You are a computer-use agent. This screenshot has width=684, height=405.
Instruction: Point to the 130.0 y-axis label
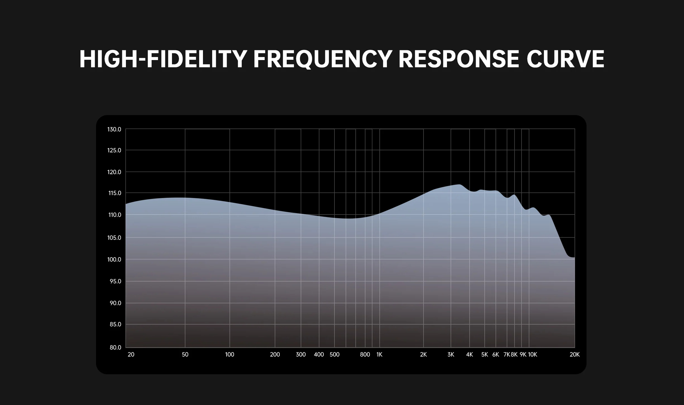(114, 129)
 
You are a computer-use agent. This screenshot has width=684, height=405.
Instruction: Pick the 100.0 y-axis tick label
(114, 259)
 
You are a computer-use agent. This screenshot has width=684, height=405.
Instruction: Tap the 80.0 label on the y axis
(115, 347)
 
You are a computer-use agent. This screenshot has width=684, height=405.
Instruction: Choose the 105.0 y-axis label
(114, 238)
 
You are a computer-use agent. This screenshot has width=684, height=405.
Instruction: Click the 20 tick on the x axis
(131, 354)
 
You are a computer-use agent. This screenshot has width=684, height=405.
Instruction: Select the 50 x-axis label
(185, 354)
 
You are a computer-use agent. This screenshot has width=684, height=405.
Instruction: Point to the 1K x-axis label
(379, 354)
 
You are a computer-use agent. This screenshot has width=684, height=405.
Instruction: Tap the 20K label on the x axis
(575, 354)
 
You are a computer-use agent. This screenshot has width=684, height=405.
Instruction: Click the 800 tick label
(365, 354)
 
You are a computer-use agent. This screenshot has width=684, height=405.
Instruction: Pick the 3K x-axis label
(451, 354)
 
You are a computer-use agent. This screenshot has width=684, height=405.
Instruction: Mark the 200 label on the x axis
(275, 354)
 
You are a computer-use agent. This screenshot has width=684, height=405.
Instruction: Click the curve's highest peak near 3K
(459, 184)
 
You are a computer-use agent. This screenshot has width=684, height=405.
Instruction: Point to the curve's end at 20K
(575, 257)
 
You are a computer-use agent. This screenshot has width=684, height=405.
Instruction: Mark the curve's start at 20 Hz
(126, 204)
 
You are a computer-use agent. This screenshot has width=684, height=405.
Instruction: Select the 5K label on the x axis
(485, 354)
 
